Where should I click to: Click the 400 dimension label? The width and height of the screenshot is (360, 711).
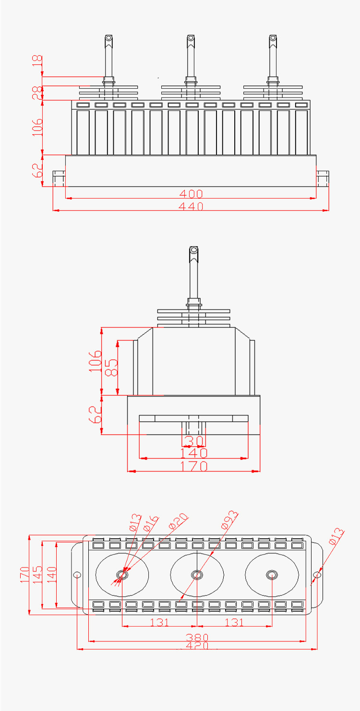(x=191, y=194)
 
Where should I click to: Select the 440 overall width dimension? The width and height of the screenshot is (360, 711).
(x=191, y=206)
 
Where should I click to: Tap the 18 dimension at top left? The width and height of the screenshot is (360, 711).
(x=37, y=61)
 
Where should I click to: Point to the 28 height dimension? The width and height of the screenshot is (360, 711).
(x=37, y=93)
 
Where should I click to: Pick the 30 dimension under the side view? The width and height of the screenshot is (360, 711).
(x=193, y=440)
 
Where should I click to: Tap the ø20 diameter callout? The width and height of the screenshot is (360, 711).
(x=178, y=521)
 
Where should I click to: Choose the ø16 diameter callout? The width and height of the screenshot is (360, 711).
(x=150, y=522)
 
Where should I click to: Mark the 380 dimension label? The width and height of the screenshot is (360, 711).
(x=197, y=638)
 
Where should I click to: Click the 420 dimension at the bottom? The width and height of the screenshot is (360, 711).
(x=197, y=646)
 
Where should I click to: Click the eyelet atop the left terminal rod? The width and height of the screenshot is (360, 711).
(x=109, y=38)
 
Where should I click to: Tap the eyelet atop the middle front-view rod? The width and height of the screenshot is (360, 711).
(x=191, y=38)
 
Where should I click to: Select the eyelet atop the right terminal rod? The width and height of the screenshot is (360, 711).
(x=273, y=38)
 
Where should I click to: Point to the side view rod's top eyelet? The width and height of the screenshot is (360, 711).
(x=193, y=250)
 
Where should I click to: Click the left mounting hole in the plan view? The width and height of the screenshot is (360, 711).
(x=77, y=575)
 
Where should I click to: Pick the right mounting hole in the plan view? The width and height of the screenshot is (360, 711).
(x=317, y=575)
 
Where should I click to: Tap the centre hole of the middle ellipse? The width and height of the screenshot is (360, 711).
(x=197, y=574)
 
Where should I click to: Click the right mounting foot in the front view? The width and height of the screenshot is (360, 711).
(x=322, y=178)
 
